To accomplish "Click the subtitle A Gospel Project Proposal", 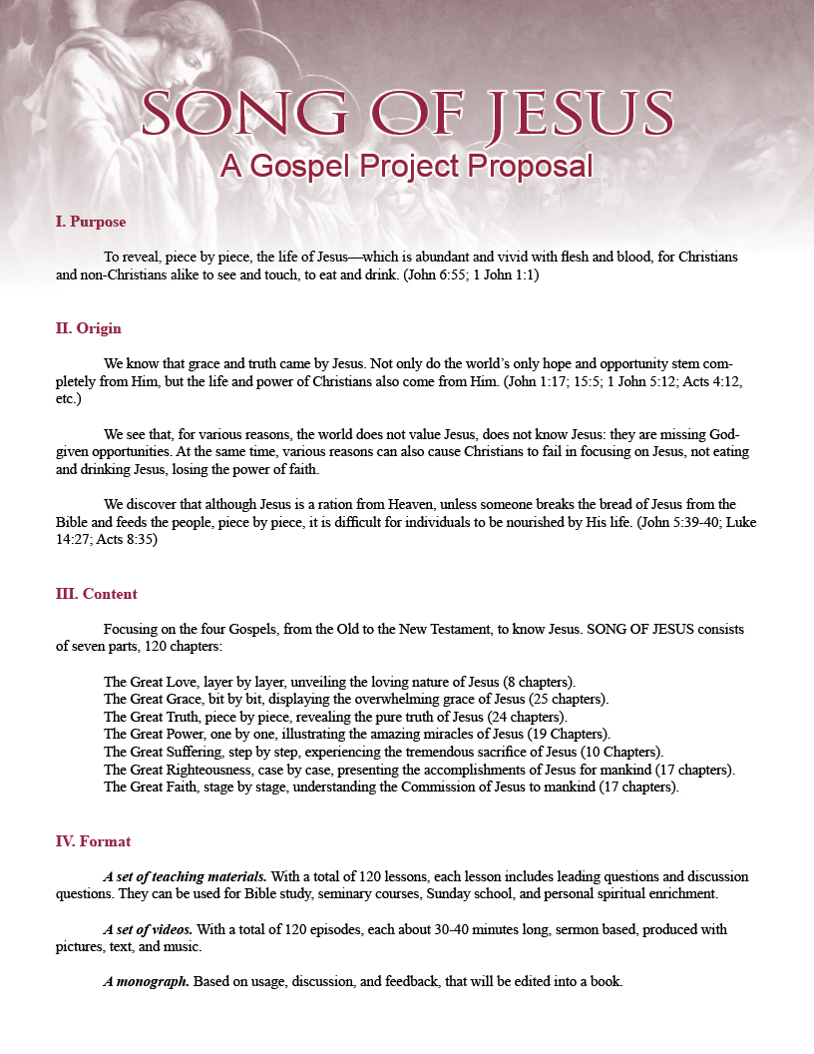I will coord(406,165).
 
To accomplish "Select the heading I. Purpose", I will coord(90,222).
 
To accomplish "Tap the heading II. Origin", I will coord(88,328).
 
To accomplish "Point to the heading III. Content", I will coord(96,594).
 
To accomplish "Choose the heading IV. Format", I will coord(93,841).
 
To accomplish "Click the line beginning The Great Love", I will coord(338,682).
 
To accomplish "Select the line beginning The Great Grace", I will coord(356,699).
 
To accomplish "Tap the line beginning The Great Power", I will coord(357,734).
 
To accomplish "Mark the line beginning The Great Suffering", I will coord(383,752).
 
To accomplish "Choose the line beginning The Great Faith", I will coord(391,787).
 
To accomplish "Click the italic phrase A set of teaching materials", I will coord(185,876).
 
